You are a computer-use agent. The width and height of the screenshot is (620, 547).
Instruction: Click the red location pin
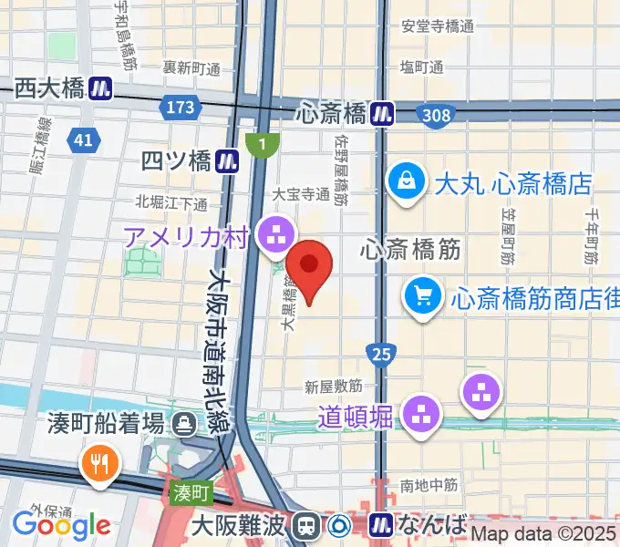click(x=310, y=265)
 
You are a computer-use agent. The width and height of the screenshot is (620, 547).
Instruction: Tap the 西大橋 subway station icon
click(x=100, y=88)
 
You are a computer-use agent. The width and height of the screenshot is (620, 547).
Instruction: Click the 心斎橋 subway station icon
click(x=382, y=113)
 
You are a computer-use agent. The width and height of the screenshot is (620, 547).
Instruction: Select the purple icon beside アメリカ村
click(x=272, y=235)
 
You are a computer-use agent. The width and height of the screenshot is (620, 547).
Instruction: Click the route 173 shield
click(x=181, y=108)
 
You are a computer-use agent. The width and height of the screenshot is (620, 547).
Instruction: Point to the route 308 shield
click(x=436, y=113)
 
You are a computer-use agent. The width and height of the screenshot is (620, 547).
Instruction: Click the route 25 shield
click(x=382, y=353)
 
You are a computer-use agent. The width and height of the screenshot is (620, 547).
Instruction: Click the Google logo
click(x=61, y=524)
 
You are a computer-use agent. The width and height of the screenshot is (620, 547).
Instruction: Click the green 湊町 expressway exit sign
click(x=190, y=492)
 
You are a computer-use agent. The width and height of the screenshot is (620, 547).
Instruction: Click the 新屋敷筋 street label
click(x=334, y=386)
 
